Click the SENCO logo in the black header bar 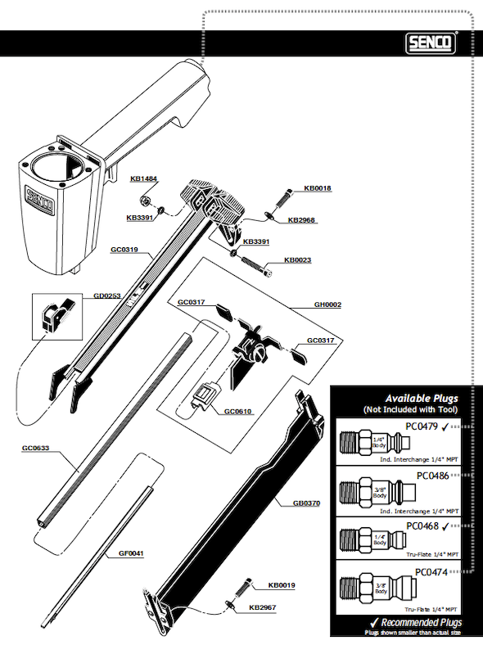[x=433, y=42]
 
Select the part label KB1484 [x=144, y=178]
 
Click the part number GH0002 [x=327, y=304]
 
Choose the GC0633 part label [x=36, y=449]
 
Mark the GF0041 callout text [x=131, y=553]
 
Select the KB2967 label [x=262, y=608]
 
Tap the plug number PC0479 [x=423, y=426]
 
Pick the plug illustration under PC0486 [x=378, y=494]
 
